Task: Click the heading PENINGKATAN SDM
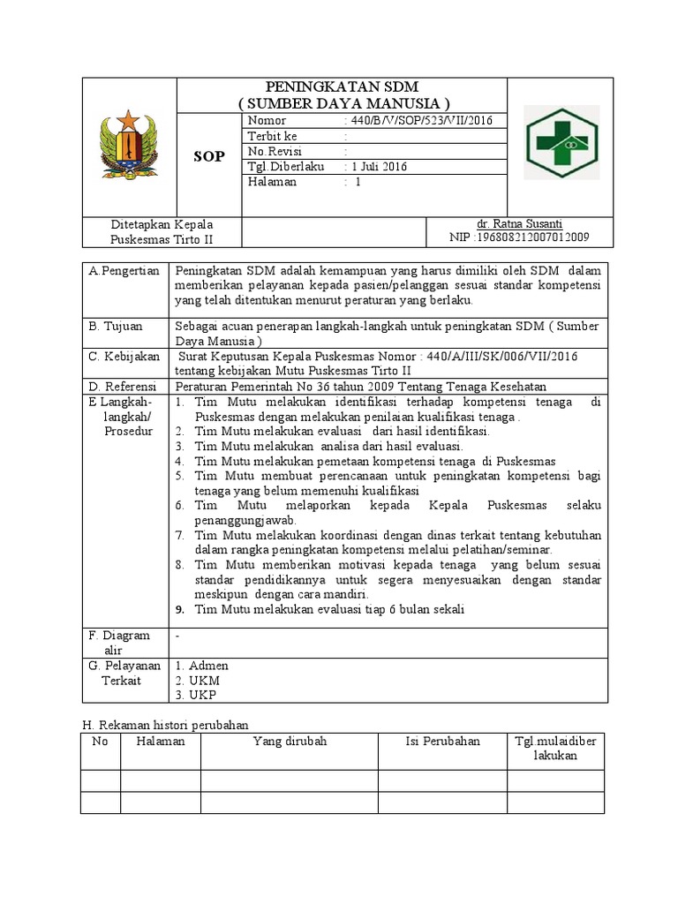pyautogui.click(x=343, y=87)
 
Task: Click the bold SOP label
pyautogui.click(x=208, y=156)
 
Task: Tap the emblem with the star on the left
pyautogui.click(x=129, y=144)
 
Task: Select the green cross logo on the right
pyautogui.click(x=561, y=143)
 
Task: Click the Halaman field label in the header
pyautogui.click(x=273, y=182)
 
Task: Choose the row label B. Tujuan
pyautogui.click(x=116, y=326)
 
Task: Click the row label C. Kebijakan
pyautogui.click(x=124, y=356)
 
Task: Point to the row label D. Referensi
pyautogui.click(x=123, y=387)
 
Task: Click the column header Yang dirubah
pyautogui.click(x=290, y=741)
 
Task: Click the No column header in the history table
pyautogui.click(x=100, y=741)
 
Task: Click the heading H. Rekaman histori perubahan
pyautogui.click(x=165, y=724)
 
